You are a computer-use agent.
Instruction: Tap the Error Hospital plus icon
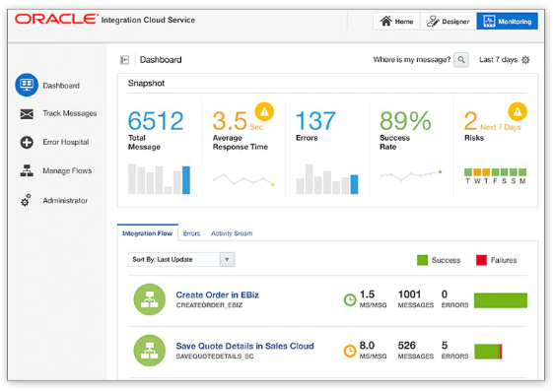coord(27,142)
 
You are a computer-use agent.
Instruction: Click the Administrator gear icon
coord(27,200)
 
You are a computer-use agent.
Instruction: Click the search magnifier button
coord(461,60)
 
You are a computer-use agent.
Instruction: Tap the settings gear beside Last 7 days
coord(525,60)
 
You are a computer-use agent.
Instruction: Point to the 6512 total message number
coord(156,121)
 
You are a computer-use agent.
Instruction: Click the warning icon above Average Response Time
coord(263,110)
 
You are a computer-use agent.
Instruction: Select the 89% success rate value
coord(405,121)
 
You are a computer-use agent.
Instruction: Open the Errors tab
coord(191,233)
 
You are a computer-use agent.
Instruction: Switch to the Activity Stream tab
coord(232,233)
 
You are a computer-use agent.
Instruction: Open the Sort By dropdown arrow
coord(227,260)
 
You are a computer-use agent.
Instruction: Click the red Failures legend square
coord(482,260)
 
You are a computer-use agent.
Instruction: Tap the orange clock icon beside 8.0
coord(349,350)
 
